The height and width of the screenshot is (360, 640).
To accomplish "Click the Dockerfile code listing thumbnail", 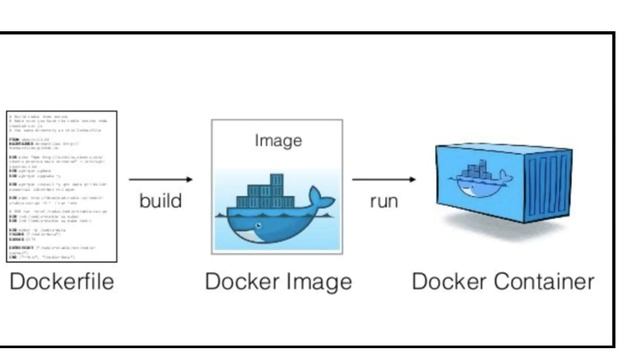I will coord(62,186).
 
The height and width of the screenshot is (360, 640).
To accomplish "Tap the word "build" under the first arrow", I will coord(160,201).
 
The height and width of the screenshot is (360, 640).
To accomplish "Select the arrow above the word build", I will coord(160,180).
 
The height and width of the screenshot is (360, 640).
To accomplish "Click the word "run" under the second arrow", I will coord(384,201).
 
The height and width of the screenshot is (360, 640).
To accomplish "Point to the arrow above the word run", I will coord(384,180).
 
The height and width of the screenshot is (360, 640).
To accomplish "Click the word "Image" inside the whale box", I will coord(277,140).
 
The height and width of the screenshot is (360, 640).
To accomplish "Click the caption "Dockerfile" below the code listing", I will coord(62,282).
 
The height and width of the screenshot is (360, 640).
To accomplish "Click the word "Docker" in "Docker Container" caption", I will coord(447,282).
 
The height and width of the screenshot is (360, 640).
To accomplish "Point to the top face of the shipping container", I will coord(510,150).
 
